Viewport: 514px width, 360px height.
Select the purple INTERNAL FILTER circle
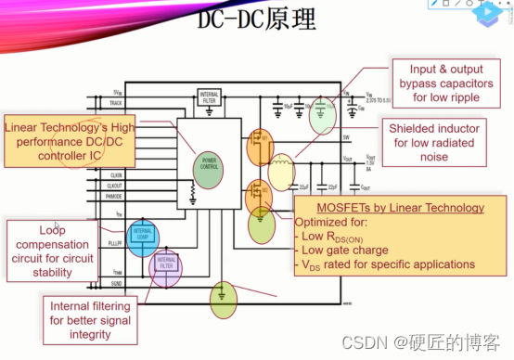click(x=165, y=266)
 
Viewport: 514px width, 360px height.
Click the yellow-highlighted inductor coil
click(x=281, y=170)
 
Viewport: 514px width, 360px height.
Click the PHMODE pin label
click(x=116, y=197)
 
